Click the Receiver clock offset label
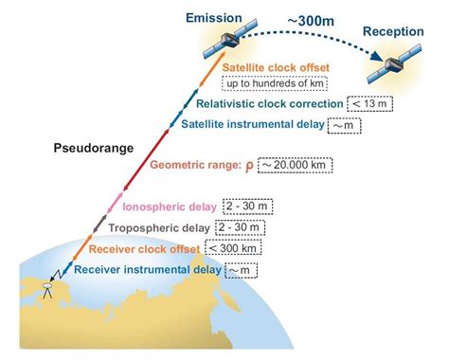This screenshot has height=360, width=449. (x=144, y=249)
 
